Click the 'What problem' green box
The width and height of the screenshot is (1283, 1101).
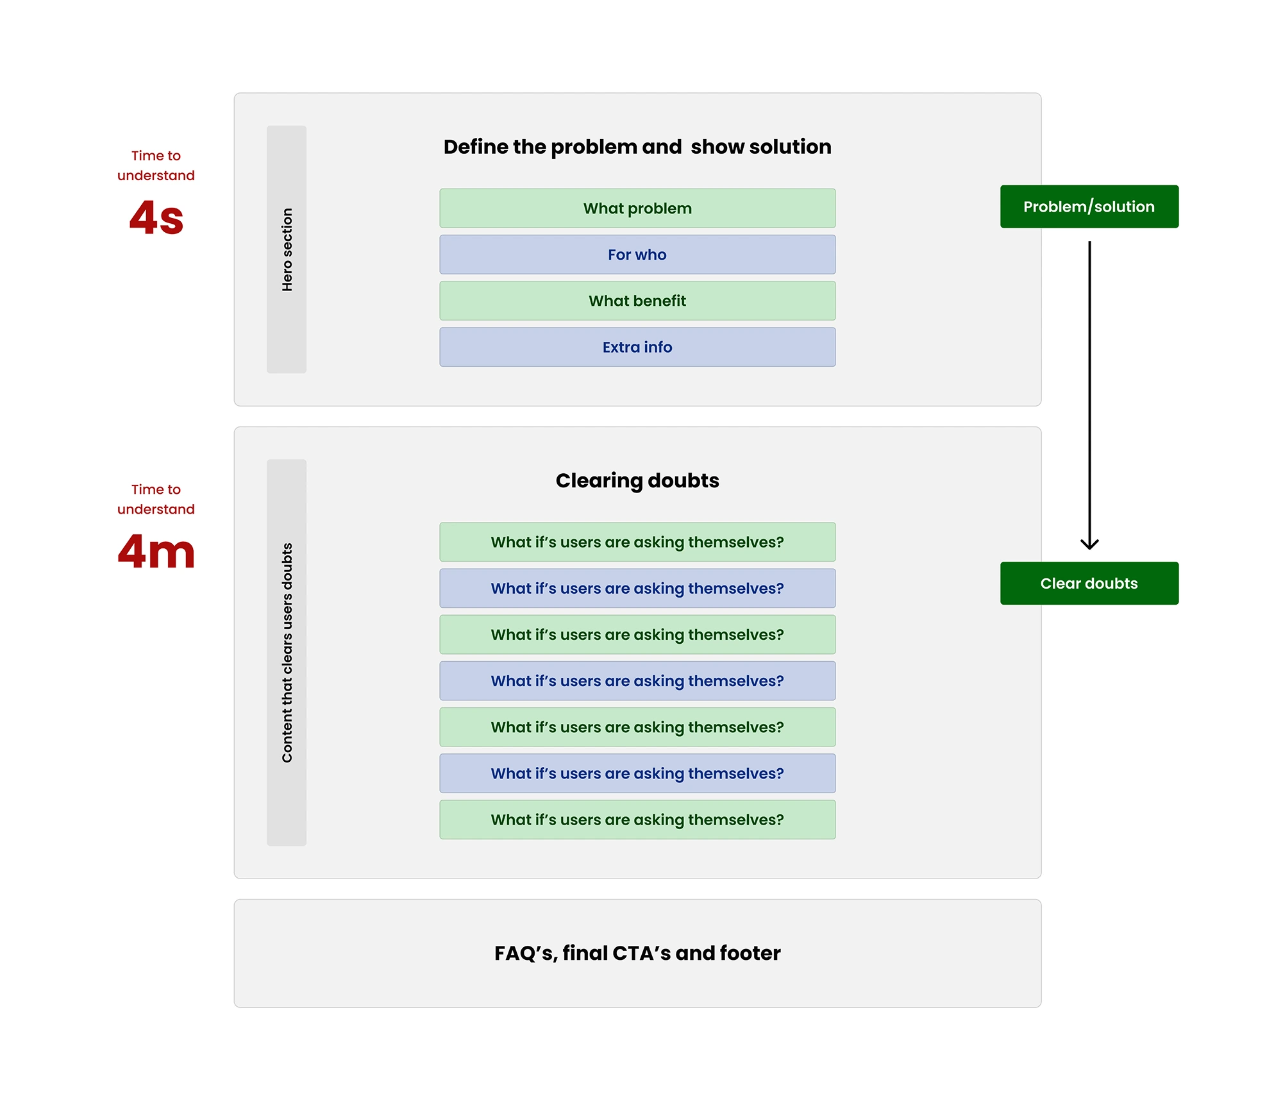tap(637, 208)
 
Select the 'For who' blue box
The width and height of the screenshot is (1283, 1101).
tap(637, 255)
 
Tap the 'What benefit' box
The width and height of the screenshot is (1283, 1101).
tap(637, 301)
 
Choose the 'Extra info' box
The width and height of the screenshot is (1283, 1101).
tap(637, 347)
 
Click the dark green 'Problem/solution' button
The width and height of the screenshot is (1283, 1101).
tap(1089, 206)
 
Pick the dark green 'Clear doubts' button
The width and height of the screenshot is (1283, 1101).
tap(1089, 584)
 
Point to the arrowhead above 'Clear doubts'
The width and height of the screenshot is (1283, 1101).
tap(1089, 544)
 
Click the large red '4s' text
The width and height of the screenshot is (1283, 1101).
tap(156, 218)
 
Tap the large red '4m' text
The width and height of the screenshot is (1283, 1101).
tap(156, 551)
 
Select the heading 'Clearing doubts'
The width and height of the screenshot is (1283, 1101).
tap(637, 480)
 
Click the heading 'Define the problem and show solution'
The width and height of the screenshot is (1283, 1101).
tap(637, 147)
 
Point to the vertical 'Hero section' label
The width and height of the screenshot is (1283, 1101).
tap(287, 249)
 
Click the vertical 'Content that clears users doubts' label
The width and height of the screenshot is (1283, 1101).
tap(287, 653)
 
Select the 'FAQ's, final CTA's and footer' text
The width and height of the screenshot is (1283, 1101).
tap(637, 953)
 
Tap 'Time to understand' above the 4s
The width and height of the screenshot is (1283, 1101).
tap(156, 165)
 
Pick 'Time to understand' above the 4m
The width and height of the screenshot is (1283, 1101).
tap(156, 499)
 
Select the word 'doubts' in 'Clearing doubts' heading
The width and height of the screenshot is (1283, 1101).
tap(683, 480)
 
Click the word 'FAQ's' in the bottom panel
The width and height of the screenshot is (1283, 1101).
tap(524, 953)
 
